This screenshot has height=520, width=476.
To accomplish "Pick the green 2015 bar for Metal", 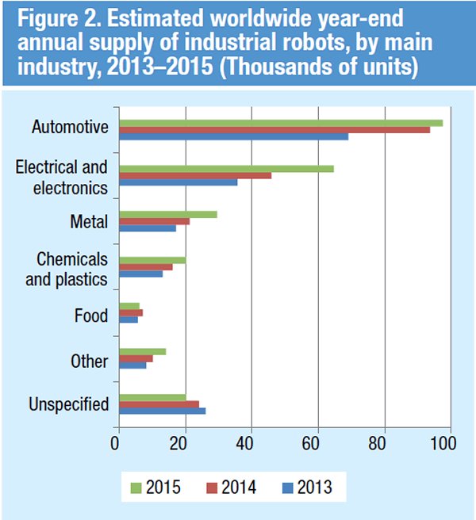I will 167,214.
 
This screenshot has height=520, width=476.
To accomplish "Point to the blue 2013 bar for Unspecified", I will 162,411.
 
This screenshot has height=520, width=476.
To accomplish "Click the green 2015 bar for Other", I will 142,351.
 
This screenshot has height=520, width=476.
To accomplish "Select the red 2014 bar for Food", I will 130,313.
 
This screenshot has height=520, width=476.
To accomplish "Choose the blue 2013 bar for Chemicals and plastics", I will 140,273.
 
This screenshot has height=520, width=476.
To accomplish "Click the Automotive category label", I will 70,127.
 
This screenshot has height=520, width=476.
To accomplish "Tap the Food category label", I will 90,315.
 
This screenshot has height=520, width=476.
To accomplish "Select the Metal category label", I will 89,221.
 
